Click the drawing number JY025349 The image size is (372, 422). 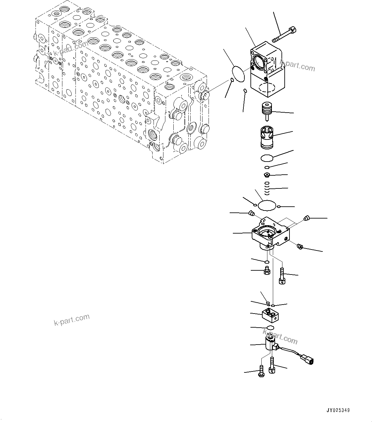coord(338,410)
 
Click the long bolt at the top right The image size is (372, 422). coord(285,35)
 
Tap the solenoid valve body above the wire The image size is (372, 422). coord(269,344)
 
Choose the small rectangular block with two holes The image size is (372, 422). coord(270,315)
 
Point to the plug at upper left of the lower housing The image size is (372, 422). coord(252,213)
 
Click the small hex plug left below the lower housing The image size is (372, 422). coord(266,271)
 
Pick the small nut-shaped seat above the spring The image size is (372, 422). coord(267,175)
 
